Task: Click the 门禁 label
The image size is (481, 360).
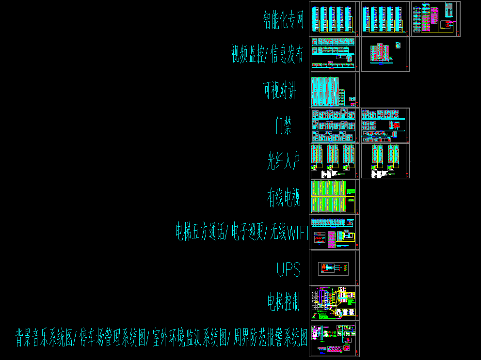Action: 283,126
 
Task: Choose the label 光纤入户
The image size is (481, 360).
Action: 284,161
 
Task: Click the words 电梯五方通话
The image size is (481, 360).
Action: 199,232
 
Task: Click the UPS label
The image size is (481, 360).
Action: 289,269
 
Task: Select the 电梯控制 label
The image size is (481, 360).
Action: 284,302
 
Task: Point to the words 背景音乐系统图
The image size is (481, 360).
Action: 44,338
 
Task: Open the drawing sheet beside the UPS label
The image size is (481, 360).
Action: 334,267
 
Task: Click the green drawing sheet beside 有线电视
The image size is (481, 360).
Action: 334,196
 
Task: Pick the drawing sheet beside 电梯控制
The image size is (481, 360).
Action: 334,303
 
